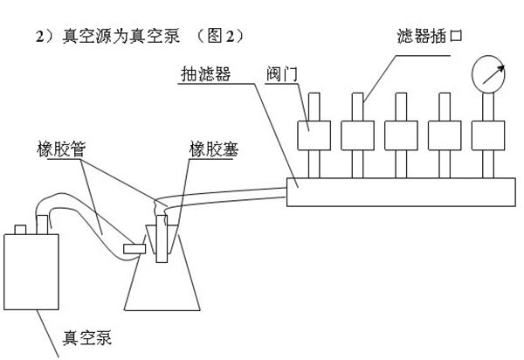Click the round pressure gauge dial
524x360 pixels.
click(491, 73)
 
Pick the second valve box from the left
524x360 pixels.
click(357, 135)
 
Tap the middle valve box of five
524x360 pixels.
click(400, 135)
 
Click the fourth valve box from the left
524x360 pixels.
click(444, 135)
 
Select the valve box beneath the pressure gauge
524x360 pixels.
click(487, 135)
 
